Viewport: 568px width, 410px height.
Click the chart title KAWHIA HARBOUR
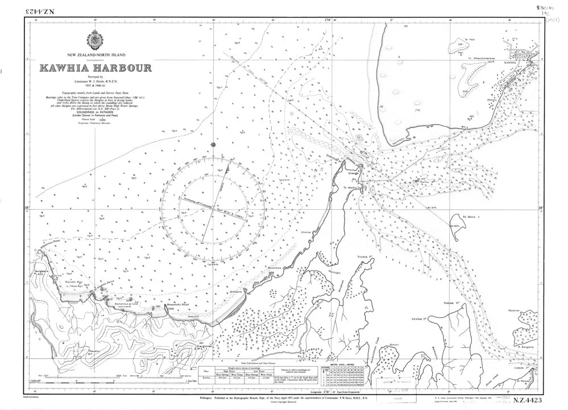coord(95,68)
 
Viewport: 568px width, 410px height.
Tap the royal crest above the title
coord(94,40)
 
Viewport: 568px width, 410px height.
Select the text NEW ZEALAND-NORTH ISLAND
coord(95,55)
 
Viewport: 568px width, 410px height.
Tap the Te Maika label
coord(350,187)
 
